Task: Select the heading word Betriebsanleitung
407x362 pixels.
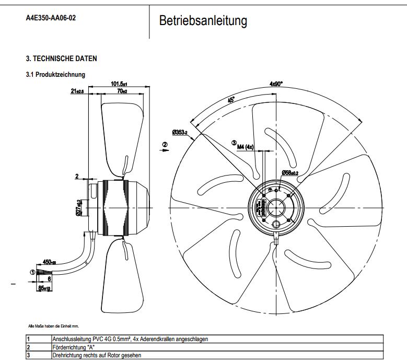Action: click(203, 21)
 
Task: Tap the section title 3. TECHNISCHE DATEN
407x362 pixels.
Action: click(61, 59)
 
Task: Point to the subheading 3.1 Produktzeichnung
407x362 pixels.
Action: click(55, 75)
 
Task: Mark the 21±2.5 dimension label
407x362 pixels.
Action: click(77, 91)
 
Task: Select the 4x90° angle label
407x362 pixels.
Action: click(276, 84)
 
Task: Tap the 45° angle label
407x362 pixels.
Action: click(231, 99)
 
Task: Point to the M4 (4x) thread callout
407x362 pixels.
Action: click(246, 147)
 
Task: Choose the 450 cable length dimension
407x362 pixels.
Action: click(50, 262)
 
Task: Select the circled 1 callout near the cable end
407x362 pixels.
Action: click(32, 272)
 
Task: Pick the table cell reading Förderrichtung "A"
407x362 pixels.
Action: click(73, 346)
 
